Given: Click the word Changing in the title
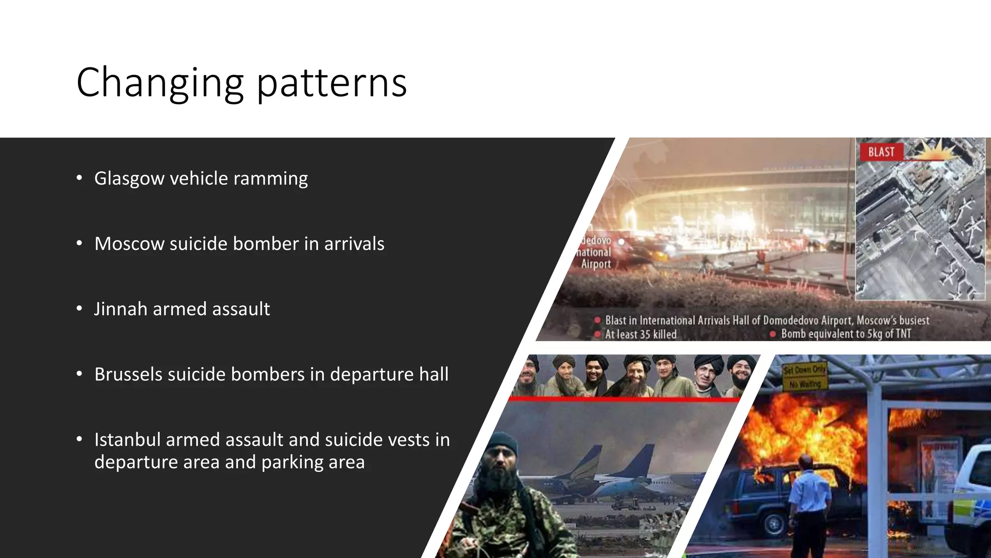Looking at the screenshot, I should (160, 83).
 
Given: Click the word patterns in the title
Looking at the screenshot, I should (331, 83).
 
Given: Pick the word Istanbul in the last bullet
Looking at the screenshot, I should (127, 440).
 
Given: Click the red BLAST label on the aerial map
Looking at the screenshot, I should (881, 152).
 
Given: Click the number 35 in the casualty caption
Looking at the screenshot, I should (645, 334).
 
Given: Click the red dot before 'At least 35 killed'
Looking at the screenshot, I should (598, 334).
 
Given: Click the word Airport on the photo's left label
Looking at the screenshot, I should (596, 264).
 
